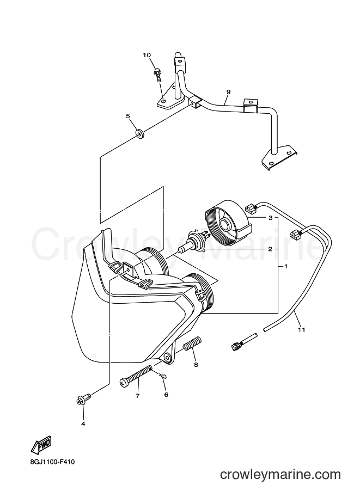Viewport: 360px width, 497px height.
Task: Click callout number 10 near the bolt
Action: click(x=147, y=55)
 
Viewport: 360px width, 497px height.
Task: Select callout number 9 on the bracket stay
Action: click(x=228, y=92)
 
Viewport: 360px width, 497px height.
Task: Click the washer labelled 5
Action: click(x=139, y=134)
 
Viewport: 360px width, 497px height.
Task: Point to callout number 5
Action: click(x=128, y=116)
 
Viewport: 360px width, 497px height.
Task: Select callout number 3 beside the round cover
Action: click(x=270, y=218)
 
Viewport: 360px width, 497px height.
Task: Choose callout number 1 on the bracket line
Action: click(x=285, y=266)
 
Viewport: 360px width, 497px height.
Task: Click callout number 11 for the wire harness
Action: click(x=301, y=330)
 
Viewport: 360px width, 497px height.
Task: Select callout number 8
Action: click(x=196, y=365)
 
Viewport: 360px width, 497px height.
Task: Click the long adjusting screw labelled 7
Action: click(x=136, y=376)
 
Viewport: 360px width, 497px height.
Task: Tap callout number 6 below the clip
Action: click(x=166, y=395)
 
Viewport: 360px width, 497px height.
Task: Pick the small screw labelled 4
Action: click(x=84, y=399)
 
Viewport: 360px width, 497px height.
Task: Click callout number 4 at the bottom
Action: click(x=83, y=424)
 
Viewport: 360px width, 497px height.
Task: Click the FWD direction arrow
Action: click(x=41, y=446)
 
